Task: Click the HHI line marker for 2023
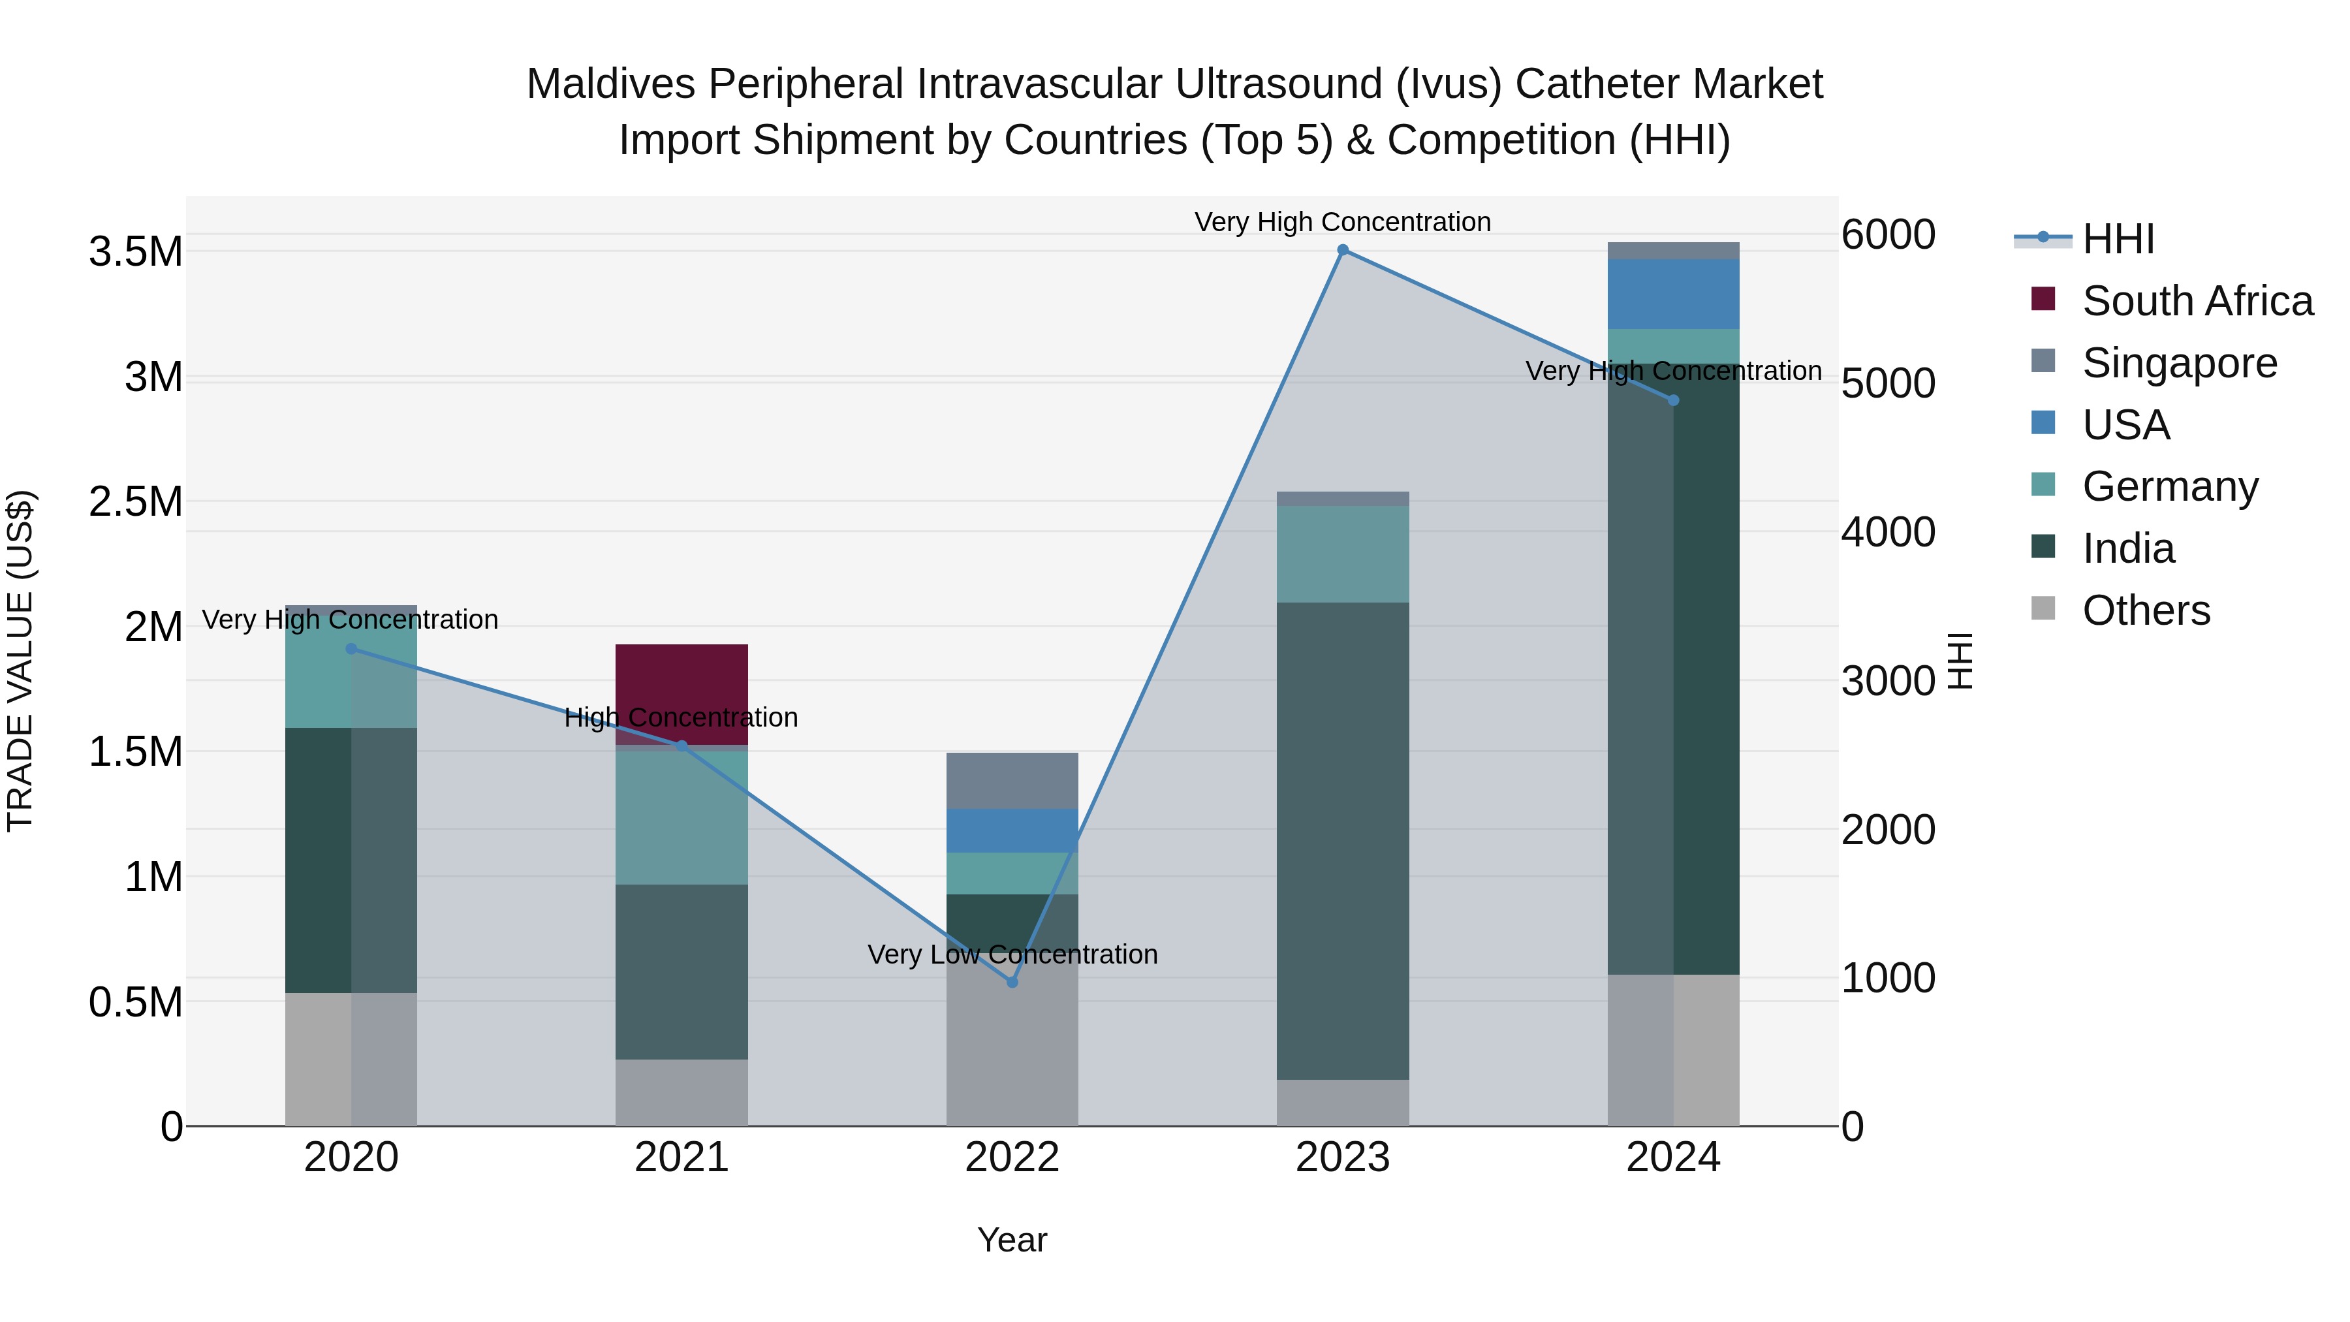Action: click(1342, 250)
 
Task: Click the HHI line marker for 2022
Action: click(1012, 983)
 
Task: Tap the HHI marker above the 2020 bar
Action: click(351, 649)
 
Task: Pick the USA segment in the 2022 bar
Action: click(1012, 830)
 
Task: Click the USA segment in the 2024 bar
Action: click(1673, 294)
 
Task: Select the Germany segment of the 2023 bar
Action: click(1342, 554)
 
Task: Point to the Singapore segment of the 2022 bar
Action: click(1012, 781)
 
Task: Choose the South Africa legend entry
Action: click(2197, 301)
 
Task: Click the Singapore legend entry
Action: click(2178, 363)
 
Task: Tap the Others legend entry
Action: click(2146, 610)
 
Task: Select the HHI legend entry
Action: click(2118, 239)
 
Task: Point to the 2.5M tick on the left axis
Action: click(136, 502)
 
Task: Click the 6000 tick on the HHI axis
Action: click(1887, 234)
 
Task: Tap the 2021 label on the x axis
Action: click(681, 1157)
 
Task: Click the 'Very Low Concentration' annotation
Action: click(1012, 954)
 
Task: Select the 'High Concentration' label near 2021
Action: click(681, 717)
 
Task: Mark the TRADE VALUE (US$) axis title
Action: click(20, 661)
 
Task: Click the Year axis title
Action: click(1012, 1240)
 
